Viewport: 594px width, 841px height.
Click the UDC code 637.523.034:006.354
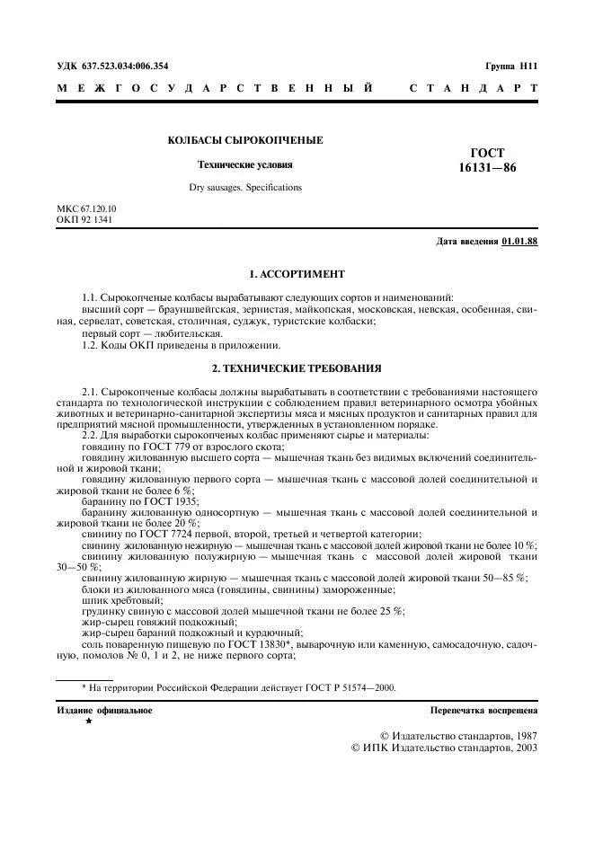126,66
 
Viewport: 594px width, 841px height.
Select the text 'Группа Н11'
510,66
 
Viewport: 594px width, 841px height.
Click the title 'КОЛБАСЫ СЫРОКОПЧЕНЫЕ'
244,141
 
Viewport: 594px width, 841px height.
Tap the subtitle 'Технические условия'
244,165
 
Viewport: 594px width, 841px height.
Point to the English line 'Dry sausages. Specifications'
245,188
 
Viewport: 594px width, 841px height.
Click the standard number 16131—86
488,168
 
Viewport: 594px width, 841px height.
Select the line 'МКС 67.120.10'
86,208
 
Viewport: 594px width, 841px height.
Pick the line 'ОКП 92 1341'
84,219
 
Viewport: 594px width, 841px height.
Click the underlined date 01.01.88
519,242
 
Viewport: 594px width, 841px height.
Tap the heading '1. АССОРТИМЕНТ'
297,273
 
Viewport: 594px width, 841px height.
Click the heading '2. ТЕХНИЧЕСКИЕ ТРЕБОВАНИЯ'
297,367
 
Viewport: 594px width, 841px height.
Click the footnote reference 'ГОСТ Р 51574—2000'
346,688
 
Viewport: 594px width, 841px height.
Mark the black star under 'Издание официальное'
88,721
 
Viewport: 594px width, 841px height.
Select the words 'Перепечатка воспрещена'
484,710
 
